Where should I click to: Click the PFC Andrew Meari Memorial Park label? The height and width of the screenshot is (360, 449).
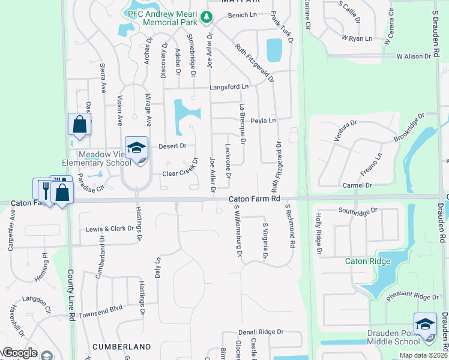click(162, 17)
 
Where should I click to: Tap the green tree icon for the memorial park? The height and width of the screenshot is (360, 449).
click(206, 17)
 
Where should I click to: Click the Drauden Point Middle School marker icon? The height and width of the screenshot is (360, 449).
click(425, 325)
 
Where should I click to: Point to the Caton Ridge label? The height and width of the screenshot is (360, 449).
click(368, 261)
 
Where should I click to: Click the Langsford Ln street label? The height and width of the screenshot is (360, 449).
click(229, 87)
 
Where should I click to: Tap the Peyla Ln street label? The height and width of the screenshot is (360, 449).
click(263, 121)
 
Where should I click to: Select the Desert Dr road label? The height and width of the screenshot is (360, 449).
click(173, 146)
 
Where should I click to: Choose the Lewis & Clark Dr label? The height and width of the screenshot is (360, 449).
click(109, 229)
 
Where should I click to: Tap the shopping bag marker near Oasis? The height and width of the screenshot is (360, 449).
click(79, 125)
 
